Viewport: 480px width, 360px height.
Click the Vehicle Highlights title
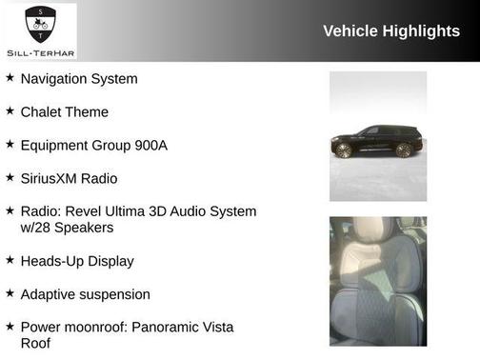pos(391,30)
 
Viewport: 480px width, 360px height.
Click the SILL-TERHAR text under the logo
pos(40,53)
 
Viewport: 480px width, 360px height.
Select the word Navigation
pos(56,78)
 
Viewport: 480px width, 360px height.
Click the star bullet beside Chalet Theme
pos(10,111)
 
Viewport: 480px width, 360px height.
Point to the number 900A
pos(150,145)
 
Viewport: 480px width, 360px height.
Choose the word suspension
pos(115,294)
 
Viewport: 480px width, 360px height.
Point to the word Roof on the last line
pos(35,343)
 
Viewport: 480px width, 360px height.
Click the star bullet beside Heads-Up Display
pos(10,259)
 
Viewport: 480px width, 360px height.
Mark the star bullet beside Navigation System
pos(10,77)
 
